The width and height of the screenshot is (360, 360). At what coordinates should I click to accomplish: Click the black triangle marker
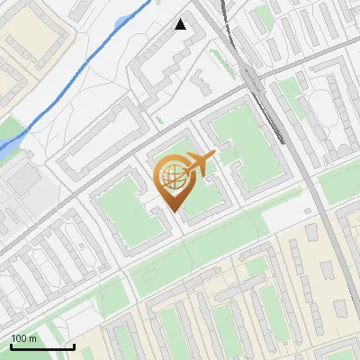point(181,24)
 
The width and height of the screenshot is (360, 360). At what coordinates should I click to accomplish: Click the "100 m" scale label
point(23,338)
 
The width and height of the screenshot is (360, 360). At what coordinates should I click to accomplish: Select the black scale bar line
point(41,346)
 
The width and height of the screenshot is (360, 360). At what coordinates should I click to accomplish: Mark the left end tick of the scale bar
point(11,345)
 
